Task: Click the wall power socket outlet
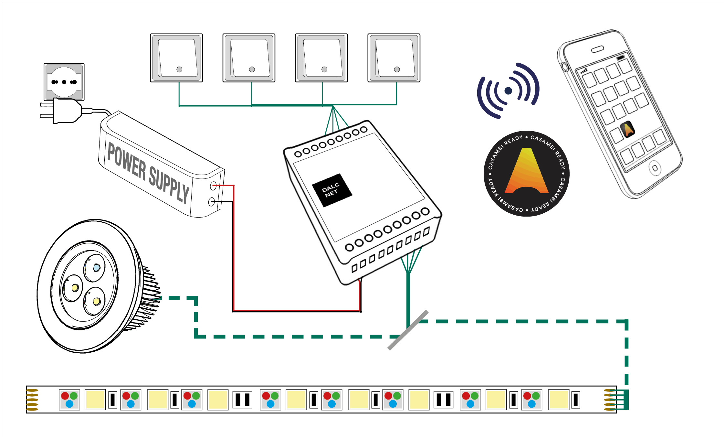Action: [64, 82]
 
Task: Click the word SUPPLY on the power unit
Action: [169, 185]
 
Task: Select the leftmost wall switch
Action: [176, 58]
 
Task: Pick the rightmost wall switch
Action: [394, 58]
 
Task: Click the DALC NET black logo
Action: [332, 190]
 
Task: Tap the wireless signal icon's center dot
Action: [508, 91]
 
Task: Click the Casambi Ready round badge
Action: [527, 174]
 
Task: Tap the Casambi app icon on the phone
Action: [628, 129]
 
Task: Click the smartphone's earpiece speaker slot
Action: [597, 49]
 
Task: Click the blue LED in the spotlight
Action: [97, 268]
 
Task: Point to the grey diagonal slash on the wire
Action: [408, 330]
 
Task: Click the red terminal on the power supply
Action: [213, 186]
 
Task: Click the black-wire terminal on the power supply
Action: [212, 202]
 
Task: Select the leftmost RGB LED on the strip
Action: [69, 400]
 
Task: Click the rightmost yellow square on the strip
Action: [559, 400]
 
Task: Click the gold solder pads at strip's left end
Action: [32, 400]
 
